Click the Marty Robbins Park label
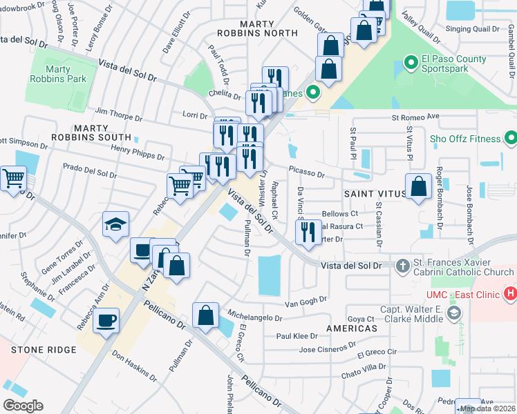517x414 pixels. click(x=66, y=74)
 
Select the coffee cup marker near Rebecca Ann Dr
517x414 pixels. click(x=106, y=321)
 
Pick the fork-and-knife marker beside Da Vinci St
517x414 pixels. click(x=308, y=230)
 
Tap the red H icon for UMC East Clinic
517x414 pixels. click(x=511, y=294)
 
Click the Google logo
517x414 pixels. click(x=23, y=405)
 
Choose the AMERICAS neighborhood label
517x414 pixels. click(x=352, y=328)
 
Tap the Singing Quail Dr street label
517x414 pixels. click(x=472, y=28)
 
